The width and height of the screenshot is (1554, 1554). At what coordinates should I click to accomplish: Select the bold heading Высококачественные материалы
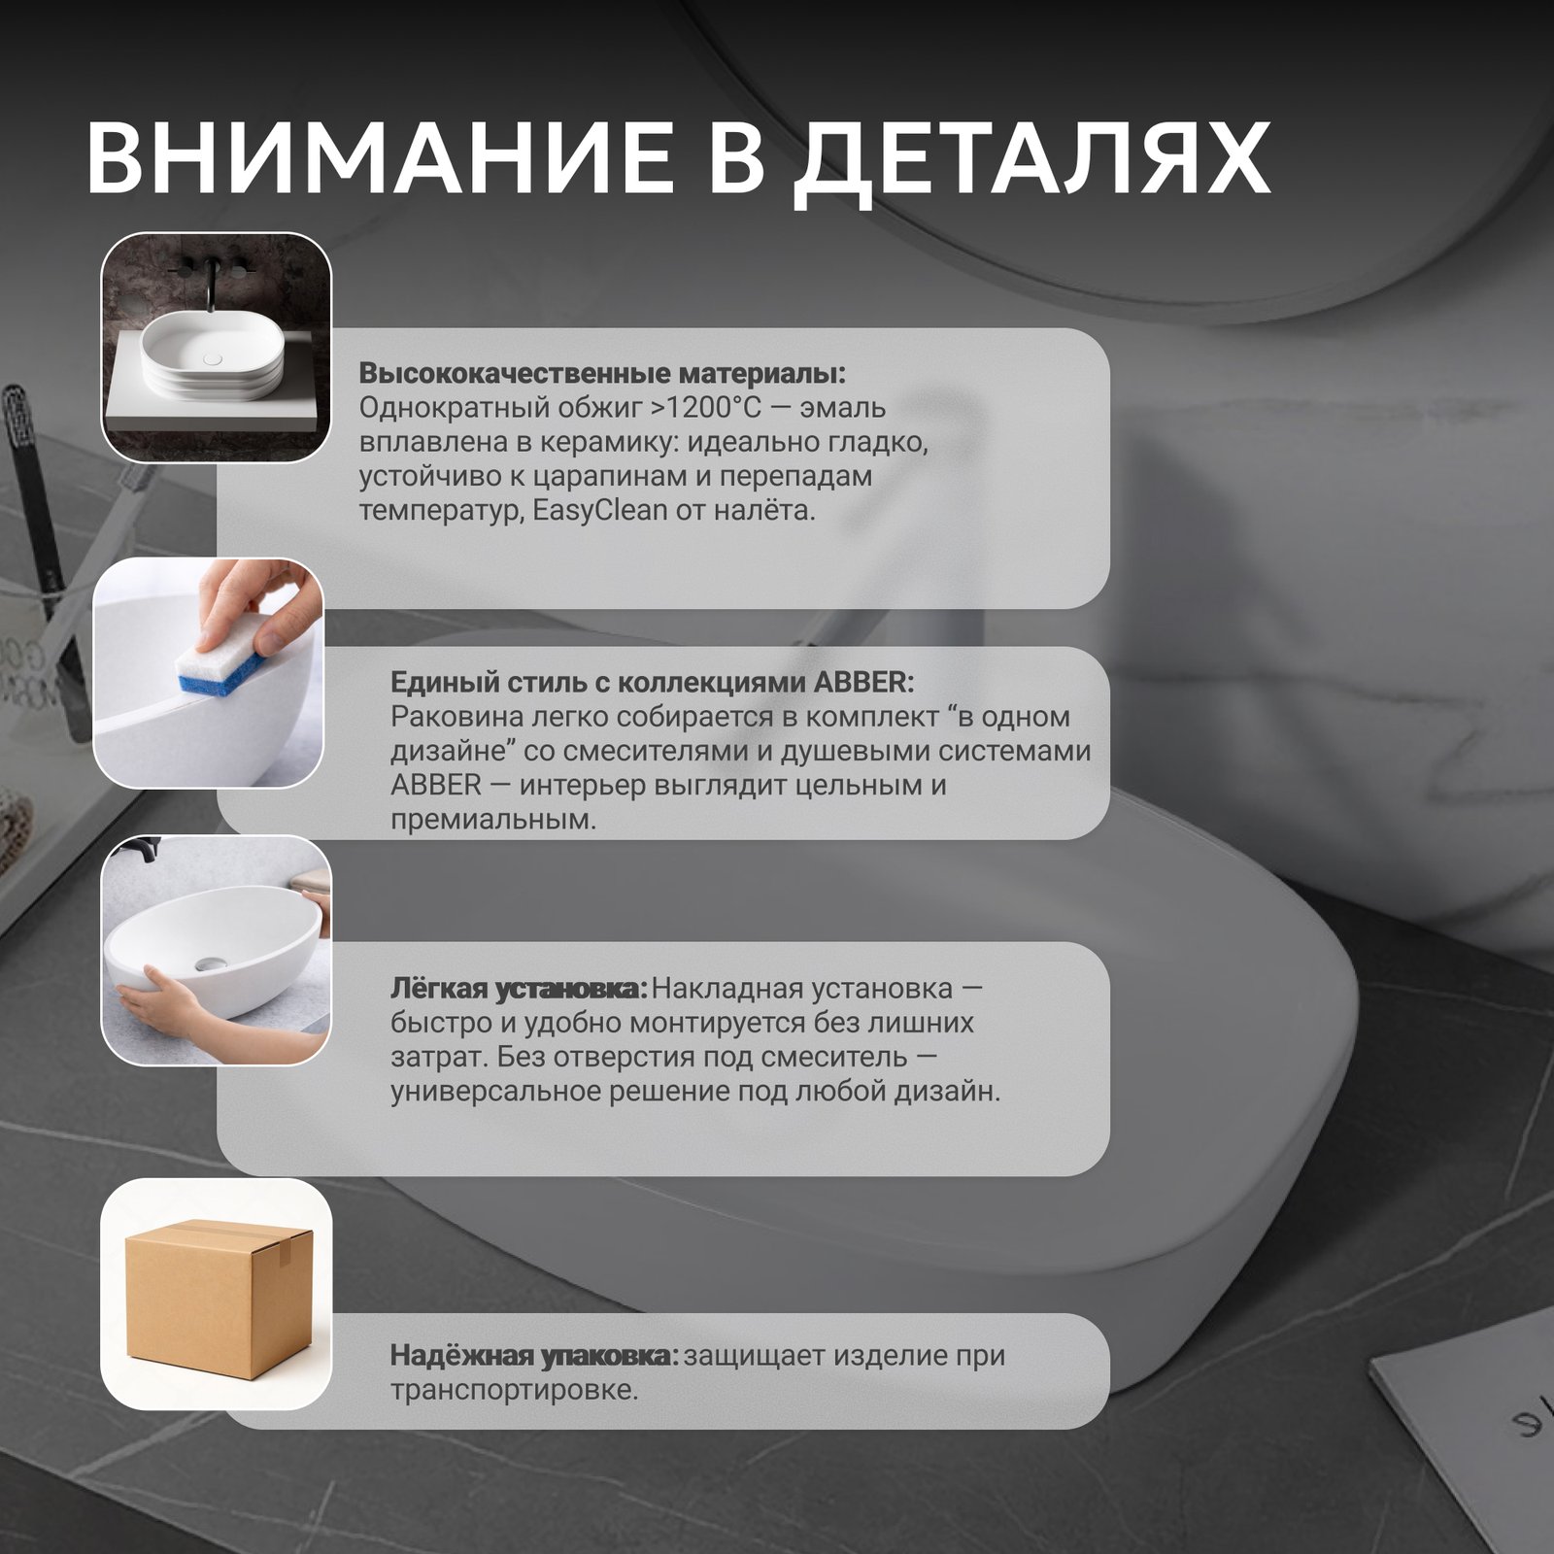(x=602, y=374)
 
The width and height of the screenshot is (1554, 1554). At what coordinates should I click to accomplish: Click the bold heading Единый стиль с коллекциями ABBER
(x=652, y=682)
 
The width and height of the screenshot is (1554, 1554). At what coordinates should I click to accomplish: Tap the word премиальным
(x=493, y=821)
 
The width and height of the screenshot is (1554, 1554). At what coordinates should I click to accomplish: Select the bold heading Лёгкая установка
(x=519, y=990)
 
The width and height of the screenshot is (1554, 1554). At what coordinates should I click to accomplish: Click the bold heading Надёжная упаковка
(x=534, y=1356)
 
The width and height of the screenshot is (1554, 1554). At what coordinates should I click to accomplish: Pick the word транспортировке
(x=515, y=1391)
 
